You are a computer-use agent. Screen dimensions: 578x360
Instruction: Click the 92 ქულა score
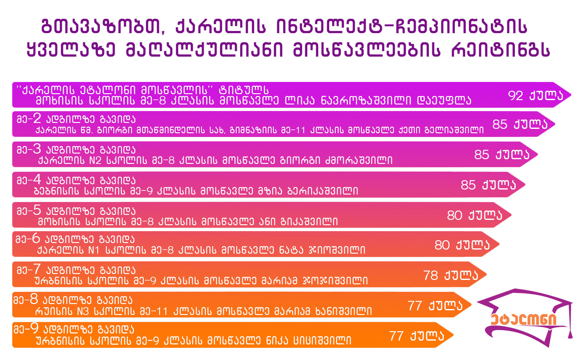point(535,95)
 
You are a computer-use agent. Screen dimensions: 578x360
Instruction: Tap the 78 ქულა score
point(451,275)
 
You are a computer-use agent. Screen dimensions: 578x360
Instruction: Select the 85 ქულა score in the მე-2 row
point(520,124)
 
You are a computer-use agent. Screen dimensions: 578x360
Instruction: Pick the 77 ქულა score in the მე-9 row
point(417,336)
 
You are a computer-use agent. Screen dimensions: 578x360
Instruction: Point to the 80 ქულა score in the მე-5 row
point(475,215)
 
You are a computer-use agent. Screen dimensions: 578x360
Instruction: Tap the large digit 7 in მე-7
point(37,269)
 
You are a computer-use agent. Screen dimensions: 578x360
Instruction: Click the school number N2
point(95,160)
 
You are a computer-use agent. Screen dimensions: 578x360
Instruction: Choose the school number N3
point(83,312)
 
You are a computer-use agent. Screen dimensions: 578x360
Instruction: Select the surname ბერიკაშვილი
point(323,191)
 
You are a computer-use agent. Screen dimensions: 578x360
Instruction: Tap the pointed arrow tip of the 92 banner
point(571,95)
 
